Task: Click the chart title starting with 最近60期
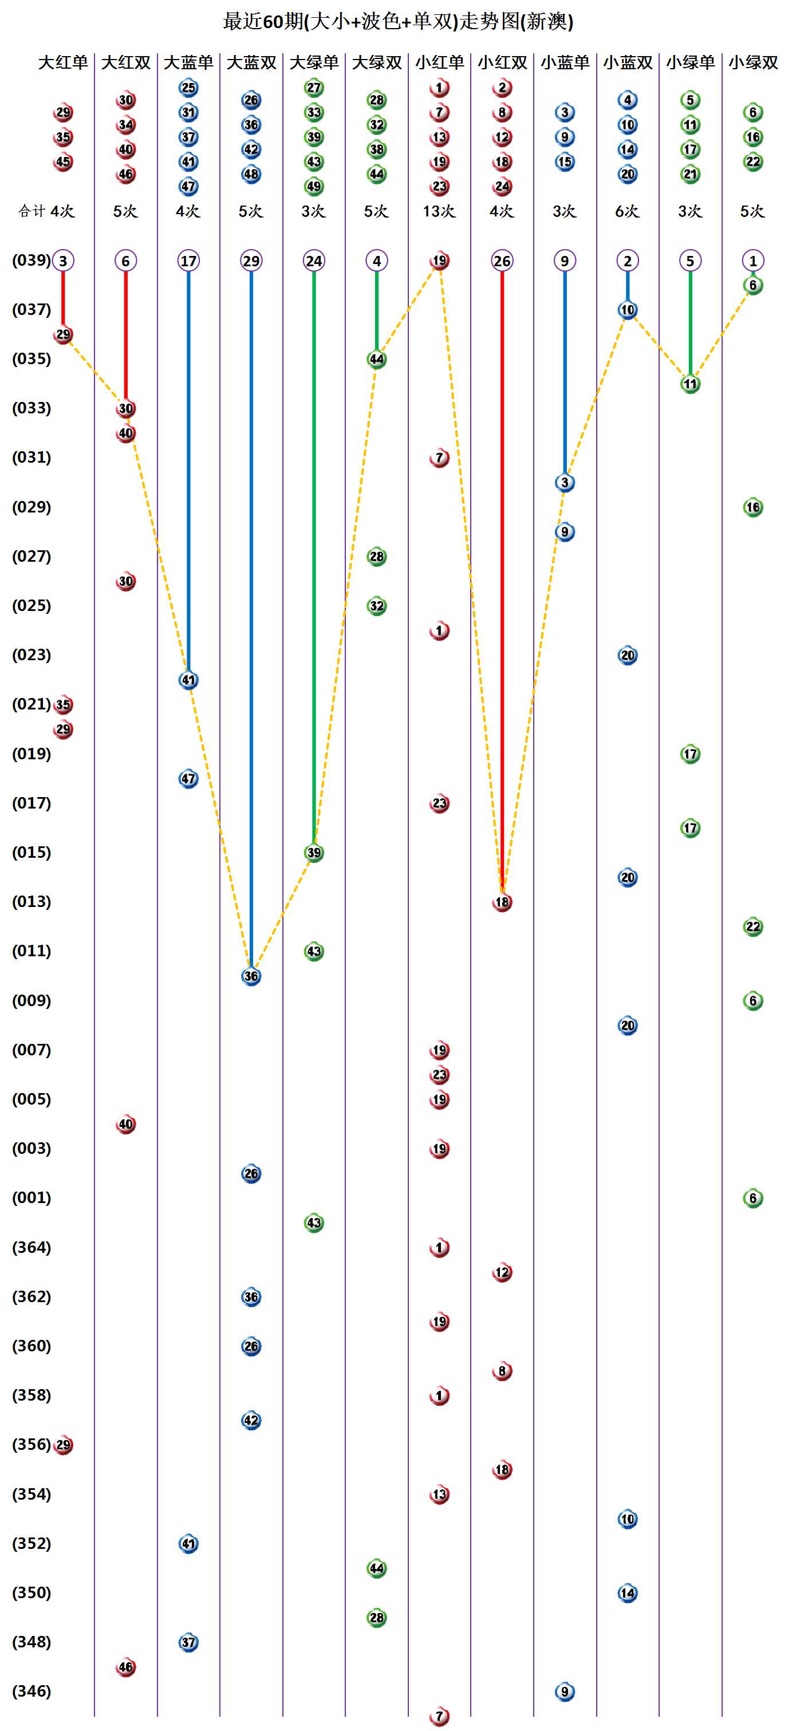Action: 398,22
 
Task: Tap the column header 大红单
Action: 62,62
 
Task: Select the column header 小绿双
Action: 753,62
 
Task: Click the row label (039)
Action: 31,260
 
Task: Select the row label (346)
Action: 31,1691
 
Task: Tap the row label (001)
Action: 31,1197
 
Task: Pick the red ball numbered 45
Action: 63,162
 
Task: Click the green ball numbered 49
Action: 314,186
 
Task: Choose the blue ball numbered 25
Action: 188,88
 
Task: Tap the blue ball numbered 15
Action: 565,162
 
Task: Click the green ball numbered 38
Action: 376,149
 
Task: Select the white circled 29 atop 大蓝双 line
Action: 251,261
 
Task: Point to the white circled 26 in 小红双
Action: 502,261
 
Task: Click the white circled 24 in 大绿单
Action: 314,261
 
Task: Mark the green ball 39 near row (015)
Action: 314,853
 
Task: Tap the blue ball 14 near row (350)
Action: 627,1592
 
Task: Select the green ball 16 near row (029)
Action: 753,507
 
